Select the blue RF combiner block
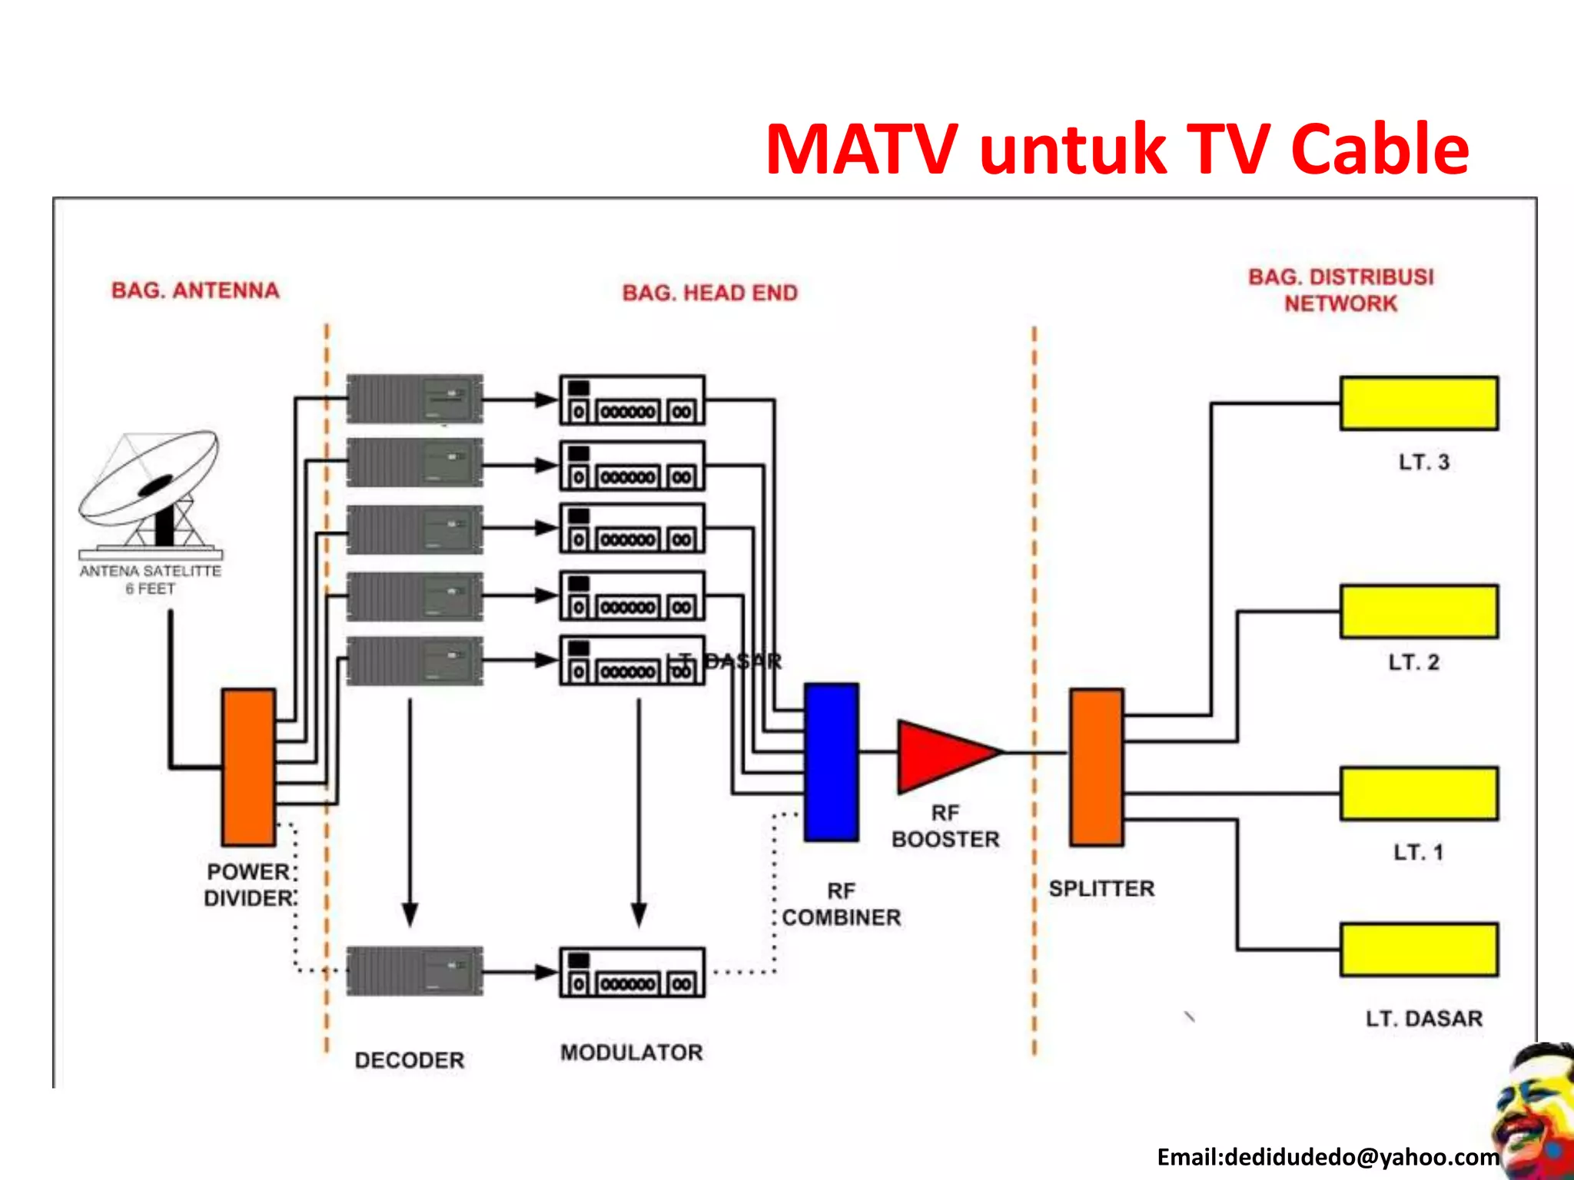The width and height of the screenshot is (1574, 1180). point(831,762)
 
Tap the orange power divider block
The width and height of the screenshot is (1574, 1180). point(248,767)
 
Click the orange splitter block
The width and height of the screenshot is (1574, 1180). point(1097,767)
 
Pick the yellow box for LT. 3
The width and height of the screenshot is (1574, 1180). point(1419,403)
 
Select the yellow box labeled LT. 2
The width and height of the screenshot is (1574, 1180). point(1419,612)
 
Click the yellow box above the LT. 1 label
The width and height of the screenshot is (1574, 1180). point(1419,794)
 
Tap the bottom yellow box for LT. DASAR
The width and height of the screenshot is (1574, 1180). point(1419,950)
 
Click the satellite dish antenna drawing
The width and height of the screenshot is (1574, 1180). point(150,492)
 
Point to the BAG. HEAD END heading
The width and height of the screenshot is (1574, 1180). point(710,293)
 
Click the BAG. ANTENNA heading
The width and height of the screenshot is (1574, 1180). point(195,290)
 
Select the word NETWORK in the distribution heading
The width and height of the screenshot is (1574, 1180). point(1340,304)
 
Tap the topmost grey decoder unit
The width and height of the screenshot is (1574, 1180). point(414,399)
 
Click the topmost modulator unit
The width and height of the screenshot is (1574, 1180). point(632,400)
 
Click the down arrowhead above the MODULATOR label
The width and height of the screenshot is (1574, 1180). point(639,914)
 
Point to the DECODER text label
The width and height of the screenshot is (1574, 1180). point(409,1060)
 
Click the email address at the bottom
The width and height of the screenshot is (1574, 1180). point(1327,1157)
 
